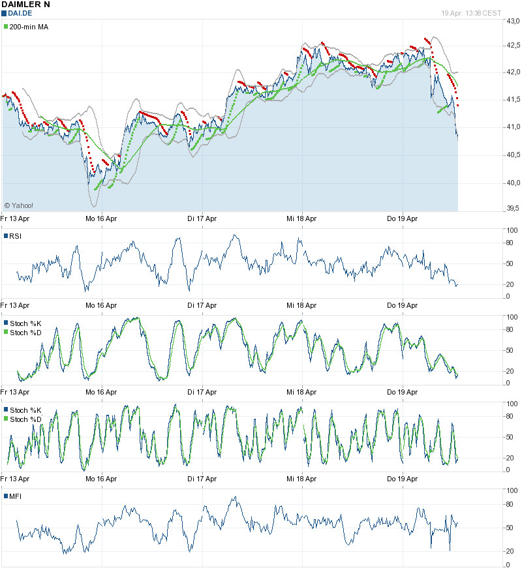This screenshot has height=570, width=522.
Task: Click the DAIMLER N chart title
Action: [25, 5]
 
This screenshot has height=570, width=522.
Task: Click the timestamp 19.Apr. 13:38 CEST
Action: [471, 13]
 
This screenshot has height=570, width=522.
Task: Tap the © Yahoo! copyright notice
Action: [19, 205]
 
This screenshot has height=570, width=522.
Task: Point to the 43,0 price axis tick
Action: [513, 22]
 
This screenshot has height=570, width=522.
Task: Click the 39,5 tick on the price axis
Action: [513, 208]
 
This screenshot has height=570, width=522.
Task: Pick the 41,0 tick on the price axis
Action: [513, 127]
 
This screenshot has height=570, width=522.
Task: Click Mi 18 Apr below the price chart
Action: [302, 218]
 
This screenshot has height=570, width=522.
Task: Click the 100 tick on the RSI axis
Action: [512, 230]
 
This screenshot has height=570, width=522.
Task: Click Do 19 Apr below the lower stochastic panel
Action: [403, 479]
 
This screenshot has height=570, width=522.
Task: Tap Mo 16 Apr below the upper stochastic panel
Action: [101, 392]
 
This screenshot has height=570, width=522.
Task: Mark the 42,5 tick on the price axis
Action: [513, 46]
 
